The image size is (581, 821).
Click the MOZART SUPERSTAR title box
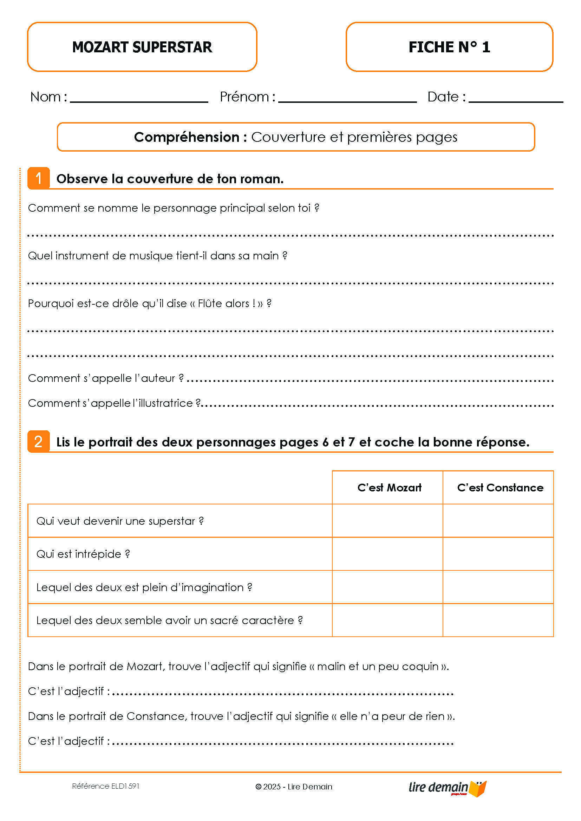click(142, 47)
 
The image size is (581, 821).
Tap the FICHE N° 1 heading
click(449, 47)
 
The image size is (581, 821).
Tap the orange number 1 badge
click(39, 178)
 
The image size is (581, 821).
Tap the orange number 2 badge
click(39, 442)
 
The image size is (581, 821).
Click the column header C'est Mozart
click(389, 488)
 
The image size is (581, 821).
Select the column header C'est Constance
click(500, 488)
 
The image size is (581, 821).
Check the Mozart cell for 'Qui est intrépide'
click(387, 554)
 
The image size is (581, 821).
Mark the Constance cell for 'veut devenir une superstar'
click(498, 521)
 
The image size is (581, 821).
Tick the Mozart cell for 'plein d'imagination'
click(387, 587)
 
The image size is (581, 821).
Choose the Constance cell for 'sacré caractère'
click(498, 620)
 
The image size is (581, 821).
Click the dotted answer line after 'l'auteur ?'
click(370, 380)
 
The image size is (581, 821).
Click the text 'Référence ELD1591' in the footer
click(105, 786)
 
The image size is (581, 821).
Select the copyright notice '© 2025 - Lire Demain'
click(294, 787)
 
